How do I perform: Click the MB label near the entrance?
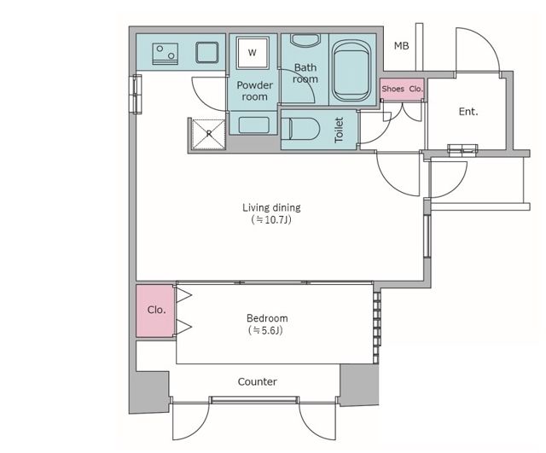(401, 45)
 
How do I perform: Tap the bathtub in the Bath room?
(351, 71)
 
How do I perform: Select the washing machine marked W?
(253, 53)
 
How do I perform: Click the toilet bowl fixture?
(300, 129)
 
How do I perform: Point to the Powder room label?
(255, 91)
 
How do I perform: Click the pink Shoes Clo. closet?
(402, 89)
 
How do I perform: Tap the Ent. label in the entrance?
(468, 112)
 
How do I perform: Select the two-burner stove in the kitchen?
(166, 54)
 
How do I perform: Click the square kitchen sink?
(207, 53)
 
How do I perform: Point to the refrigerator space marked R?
(208, 134)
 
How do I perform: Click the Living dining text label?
(271, 208)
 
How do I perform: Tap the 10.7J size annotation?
(271, 220)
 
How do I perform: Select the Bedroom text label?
(267, 318)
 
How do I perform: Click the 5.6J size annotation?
(265, 330)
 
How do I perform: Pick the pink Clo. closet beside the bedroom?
(155, 311)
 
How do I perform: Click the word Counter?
(258, 382)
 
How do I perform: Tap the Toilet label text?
(339, 130)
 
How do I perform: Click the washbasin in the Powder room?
(254, 125)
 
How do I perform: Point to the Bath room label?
(305, 73)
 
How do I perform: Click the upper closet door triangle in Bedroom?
(183, 295)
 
